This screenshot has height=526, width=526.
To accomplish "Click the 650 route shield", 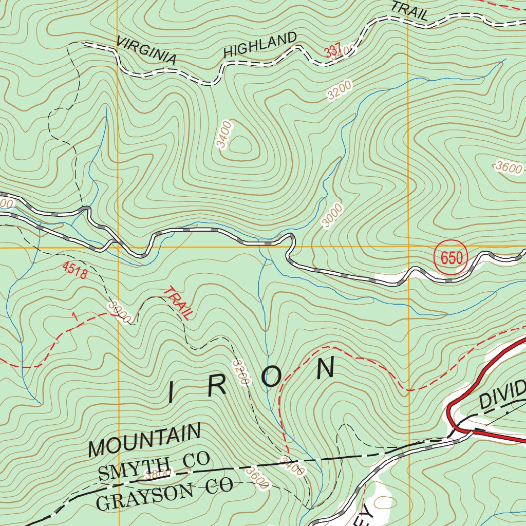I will [452, 258].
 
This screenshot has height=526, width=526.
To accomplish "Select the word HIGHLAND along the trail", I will [260, 45].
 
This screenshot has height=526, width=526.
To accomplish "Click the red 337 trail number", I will [333, 51].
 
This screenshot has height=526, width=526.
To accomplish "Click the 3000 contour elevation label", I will [332, 215].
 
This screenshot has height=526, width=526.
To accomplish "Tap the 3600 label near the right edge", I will [509, 167].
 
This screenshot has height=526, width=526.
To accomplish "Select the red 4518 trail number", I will [74, 271].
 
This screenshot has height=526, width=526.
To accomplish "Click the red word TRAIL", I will [177, 304].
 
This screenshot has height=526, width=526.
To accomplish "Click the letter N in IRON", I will [326, 368].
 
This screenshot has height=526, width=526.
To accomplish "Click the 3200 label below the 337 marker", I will [340, 90].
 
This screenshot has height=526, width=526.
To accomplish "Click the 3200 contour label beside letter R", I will [240, 373].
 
